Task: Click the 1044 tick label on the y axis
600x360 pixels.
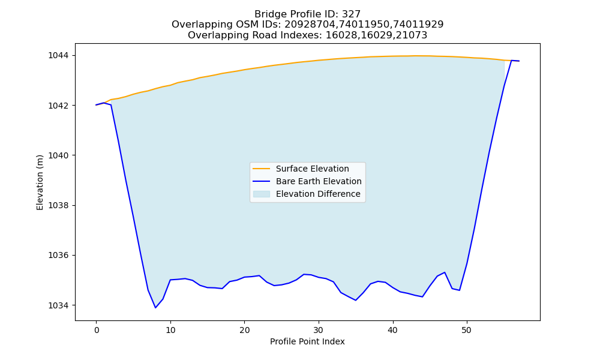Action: [58, 55]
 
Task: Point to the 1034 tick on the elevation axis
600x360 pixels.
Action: [58, 305]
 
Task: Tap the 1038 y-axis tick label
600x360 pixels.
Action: [58, 205]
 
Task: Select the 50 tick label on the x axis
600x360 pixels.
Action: [466, 330]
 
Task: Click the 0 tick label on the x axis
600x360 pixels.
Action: [97, 330]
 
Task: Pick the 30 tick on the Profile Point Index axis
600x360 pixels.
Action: [319, 330]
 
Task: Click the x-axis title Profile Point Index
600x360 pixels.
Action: [307, 341]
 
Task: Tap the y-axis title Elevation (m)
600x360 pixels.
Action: [40, 182]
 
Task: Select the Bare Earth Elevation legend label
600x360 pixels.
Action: [319, 181]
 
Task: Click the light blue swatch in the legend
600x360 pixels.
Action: [262, 194]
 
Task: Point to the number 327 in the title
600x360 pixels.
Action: [351, 14]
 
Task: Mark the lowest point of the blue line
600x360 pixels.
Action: [155, 308]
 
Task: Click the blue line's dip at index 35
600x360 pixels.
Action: [355, 301]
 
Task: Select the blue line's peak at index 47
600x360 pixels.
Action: [444, 272]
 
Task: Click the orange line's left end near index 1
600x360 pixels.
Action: [104, 103]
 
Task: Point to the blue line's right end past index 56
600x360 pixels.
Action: [519, 61]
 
